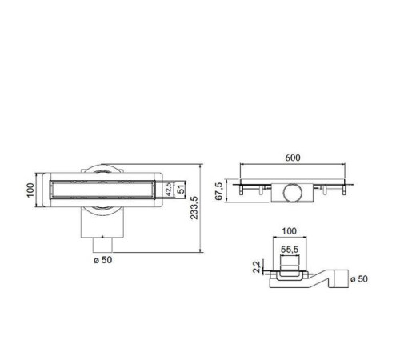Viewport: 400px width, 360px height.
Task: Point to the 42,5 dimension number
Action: pyautogui.click(x=168, y=190)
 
